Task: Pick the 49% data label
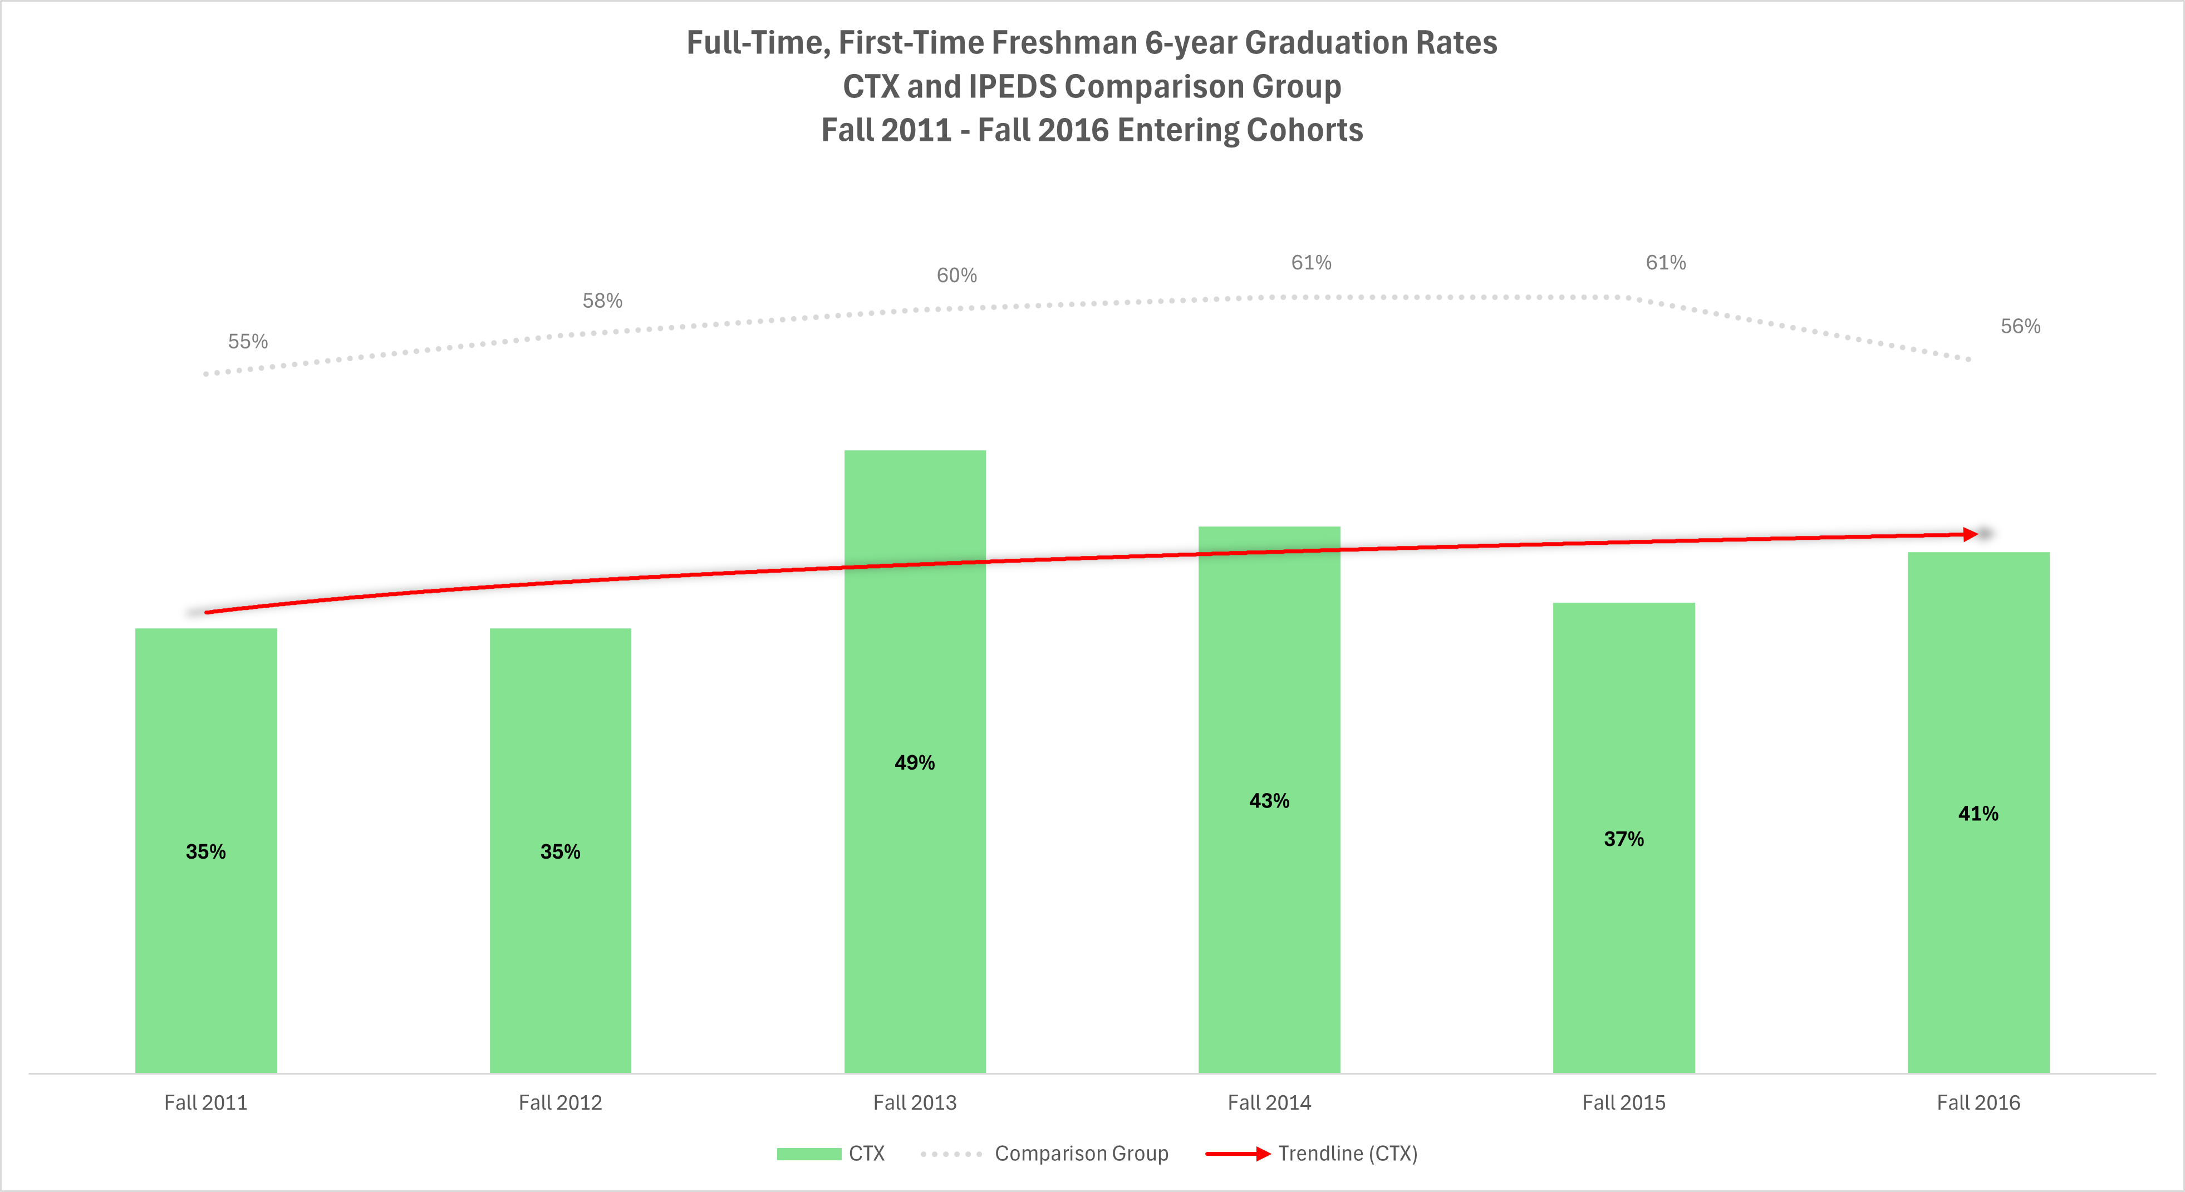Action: point(915,763)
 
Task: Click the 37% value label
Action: point(1623,839)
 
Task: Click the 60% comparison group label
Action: point(957,275)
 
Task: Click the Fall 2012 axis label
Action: point(560,1103)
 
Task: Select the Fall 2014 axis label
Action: point(1269,1103)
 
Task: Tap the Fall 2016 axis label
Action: point(1978,1103)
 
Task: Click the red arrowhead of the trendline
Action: point(1971,534)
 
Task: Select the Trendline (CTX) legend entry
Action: point(1347,1154)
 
